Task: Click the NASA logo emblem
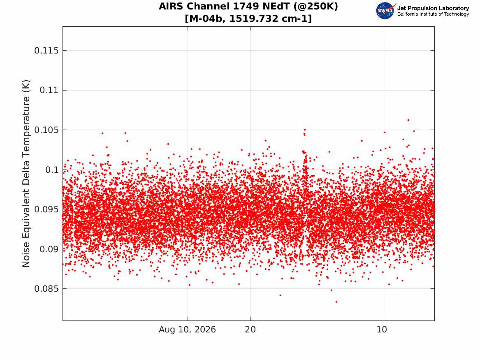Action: click(385, 11)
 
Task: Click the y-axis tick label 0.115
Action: click(46, 51)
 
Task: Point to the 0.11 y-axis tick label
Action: click(49, 90)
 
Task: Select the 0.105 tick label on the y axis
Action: click(46, 130)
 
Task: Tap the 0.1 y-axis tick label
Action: click(52, 170)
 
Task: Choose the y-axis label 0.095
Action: click(46, 209)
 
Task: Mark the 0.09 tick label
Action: click(49, 249)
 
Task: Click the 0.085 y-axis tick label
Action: click(46, 289)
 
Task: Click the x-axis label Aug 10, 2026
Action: click(187, 330)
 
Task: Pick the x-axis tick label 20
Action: click(250, 330)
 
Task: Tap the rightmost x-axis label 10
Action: click(382, 330)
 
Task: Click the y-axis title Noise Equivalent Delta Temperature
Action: click(26, 174)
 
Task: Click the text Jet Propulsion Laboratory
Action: click(433, 8)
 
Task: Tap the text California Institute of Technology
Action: click(433, 14)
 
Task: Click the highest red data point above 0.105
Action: click(408, 120)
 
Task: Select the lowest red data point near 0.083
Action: click(336, 302)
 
